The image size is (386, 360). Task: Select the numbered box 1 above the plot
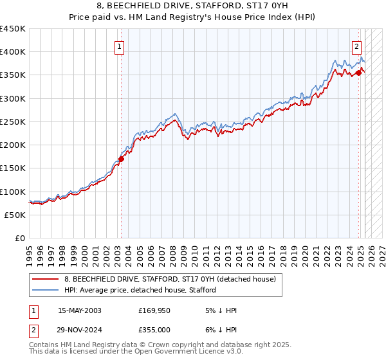[x=120, y=46]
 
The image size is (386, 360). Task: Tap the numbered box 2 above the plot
[x=356, y=46]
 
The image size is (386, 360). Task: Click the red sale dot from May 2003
[x=121, y=159]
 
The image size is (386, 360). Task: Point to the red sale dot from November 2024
[x=358, y=73]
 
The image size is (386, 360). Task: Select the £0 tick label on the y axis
[x=19, y=238]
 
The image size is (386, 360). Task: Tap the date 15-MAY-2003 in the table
[x=80, y=310]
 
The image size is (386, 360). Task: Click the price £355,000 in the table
[x=158, y=328]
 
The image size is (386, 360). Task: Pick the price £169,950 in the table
[x=158, y=310]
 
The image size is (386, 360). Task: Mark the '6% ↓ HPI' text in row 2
[x=221, y=328]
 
